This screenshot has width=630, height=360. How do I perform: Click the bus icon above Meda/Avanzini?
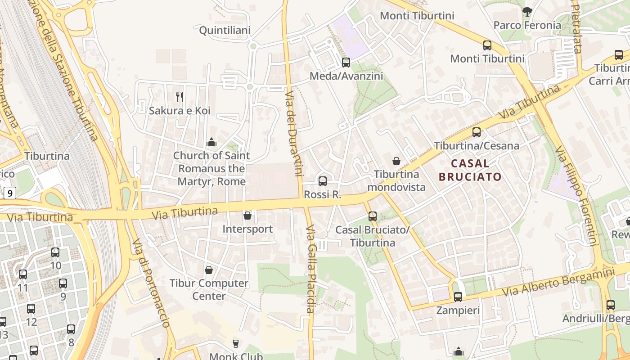[x=346, y=63]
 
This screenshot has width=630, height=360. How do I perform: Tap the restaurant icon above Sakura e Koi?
[x=180, y=97]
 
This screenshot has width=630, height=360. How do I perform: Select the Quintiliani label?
[x=225, y=30]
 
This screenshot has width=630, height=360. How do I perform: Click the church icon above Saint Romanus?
[x=211, y=143]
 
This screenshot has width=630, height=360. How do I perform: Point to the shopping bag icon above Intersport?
[x=247, y=216]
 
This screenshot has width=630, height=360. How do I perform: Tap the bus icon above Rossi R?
[x=323, y=181]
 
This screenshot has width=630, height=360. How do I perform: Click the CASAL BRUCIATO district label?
[x=470, y=170]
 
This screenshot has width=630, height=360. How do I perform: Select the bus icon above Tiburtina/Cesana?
[x=477, y=132]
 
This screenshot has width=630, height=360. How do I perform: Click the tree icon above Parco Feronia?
[x=527, y=12]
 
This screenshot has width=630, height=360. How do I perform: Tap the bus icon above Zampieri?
[x=458, y=297]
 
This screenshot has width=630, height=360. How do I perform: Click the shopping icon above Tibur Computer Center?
[x=209, y=270]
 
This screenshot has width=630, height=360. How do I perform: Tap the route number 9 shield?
[x=10, y=193]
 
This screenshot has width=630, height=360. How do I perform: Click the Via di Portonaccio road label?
[x=151, y=283]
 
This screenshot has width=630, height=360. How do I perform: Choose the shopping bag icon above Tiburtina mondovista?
[x=396, y=161]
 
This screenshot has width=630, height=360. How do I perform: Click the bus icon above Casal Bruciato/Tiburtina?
[x=373, y=216]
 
